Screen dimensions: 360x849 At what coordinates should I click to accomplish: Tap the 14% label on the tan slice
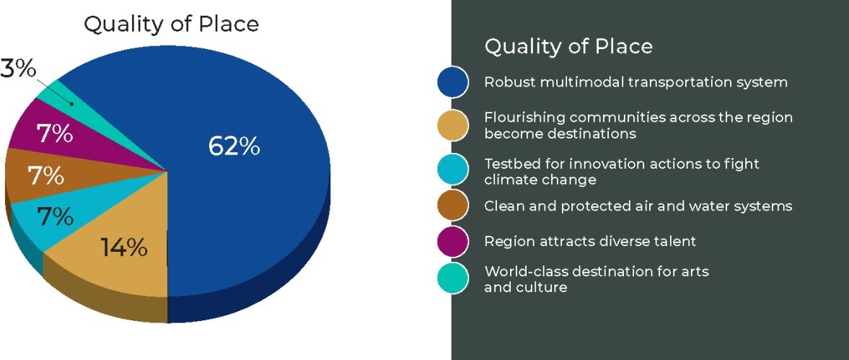[x=125, y=248]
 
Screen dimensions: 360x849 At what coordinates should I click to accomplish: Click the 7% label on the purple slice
[x=54, y=134]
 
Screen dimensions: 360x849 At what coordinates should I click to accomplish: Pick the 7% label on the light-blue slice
[x=55, y=216]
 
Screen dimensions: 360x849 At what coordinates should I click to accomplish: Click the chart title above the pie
[x=171, y=24]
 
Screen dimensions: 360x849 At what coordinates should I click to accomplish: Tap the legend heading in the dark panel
[x=568, y=46]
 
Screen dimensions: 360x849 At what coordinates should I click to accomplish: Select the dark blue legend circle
[x=453, y=82]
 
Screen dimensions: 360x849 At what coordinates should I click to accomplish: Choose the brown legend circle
[x=453, y=206]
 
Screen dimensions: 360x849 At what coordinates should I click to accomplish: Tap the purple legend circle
[x=453, y=241]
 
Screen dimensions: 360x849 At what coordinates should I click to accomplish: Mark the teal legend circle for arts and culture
[x=453, y=278]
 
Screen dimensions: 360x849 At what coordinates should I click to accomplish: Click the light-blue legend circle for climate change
[x=453, y=170]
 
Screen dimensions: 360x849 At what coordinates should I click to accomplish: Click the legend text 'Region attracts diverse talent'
[x=590, y=241]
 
